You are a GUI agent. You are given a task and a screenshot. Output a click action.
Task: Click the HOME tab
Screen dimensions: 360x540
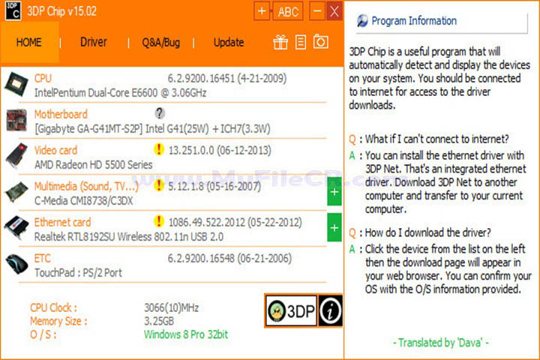point(29,42)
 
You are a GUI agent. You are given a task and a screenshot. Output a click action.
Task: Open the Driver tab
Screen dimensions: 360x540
point(94,42)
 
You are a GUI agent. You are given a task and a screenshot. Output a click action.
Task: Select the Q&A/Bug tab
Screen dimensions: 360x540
point(160,42)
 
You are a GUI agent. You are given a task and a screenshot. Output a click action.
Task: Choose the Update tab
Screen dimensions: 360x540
point(228,42)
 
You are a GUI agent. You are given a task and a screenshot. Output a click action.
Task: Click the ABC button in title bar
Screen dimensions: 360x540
point(288,12)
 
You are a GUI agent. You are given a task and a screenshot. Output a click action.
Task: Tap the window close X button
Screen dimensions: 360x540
point(334,11)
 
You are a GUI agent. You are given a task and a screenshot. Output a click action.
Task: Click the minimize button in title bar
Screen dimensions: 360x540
point(317,11)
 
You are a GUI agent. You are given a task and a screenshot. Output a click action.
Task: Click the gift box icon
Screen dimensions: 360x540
point(280,42)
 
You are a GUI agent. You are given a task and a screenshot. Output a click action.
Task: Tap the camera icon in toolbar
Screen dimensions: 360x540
point(320,42)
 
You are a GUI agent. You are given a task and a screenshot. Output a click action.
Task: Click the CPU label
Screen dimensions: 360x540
point(43,78)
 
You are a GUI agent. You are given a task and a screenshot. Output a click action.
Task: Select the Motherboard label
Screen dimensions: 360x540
point(61,114)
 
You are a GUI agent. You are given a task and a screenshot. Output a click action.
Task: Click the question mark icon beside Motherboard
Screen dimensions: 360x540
point(159,113)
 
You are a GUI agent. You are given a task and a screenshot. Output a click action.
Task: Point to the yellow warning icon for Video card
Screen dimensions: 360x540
point(158,149)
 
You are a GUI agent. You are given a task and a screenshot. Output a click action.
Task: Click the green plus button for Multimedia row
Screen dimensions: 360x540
point(334,192)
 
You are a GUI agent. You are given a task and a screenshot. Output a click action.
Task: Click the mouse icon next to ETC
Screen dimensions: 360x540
point(16,264)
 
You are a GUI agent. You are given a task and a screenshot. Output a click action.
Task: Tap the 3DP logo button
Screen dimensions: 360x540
point(291,310)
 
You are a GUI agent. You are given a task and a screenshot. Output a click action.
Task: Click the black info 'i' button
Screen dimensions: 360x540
point(331,310)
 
